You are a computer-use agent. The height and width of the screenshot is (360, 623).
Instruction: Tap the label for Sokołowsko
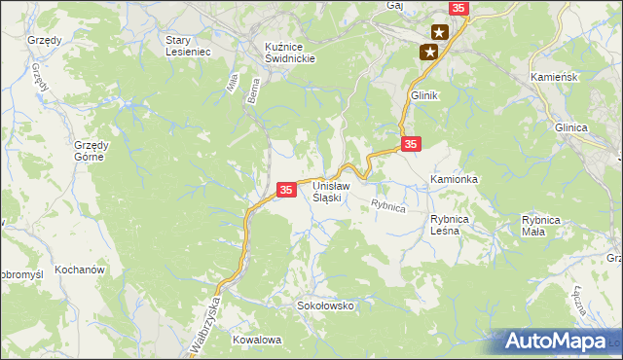(x=325, y=306)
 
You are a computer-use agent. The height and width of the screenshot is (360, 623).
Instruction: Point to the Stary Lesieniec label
(x=188, y=46)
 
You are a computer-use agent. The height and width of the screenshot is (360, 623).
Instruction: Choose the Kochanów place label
(x=80, y=269)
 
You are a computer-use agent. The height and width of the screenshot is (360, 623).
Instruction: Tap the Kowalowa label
(x=257, y=340)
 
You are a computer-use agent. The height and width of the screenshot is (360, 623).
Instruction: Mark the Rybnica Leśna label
(x=451, y=226)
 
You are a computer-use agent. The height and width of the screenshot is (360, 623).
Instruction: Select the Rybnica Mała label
(x=541, y=226)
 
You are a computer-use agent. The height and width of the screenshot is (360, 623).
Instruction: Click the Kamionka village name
(x=455, y=180)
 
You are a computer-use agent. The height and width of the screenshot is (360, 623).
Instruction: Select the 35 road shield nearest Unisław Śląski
(x=286, y=191)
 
